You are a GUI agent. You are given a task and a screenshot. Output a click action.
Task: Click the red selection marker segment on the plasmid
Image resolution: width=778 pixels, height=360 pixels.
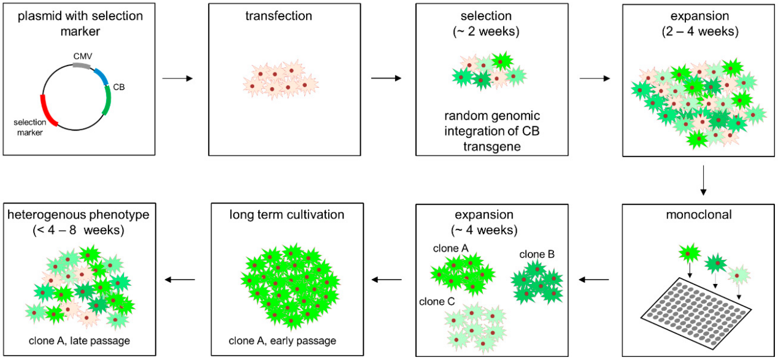click(47, 111)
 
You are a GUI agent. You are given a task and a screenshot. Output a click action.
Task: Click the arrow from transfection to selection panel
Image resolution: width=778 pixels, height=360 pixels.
click(386, 79)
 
